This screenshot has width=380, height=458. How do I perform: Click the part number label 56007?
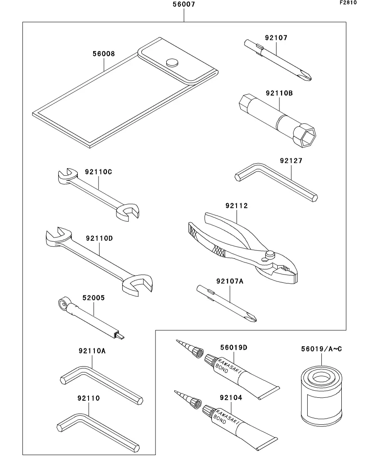coord(184,5)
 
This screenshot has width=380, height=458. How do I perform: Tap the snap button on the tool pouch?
coord(172,62)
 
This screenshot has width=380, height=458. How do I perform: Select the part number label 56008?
coord(104,54)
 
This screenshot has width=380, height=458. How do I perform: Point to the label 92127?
coord(291,161)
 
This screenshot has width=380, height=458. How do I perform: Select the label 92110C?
coord(99,171)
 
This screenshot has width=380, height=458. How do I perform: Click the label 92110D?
coord(100,238)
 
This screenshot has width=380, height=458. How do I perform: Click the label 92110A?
coord(92,351)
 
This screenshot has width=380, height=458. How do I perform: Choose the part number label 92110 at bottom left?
coord(89,398)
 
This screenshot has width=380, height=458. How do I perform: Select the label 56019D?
coord(233,348)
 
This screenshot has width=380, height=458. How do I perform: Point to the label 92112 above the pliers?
coord(237,206)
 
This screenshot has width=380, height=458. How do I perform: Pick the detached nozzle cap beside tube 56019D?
coord(197,352)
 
